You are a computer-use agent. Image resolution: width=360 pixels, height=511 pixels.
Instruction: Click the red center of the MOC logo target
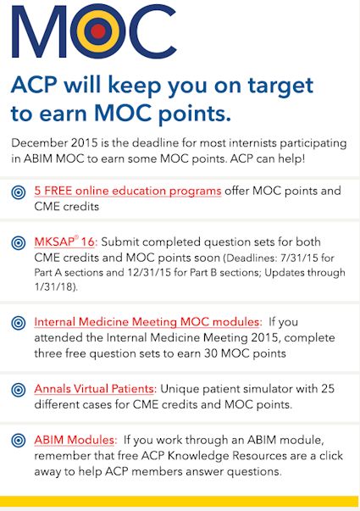pos(98,31)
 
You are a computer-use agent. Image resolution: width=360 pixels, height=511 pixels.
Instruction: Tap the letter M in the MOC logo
pos(39,32)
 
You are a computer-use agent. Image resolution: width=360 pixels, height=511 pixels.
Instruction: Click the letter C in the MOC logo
pos(152,31)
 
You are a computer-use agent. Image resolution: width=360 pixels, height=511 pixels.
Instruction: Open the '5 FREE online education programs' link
pos(128,191)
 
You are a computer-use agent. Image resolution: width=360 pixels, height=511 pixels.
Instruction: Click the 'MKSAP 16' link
pos(64,242)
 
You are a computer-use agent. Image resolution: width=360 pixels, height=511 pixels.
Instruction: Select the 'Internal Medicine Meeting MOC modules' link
pos(147,322)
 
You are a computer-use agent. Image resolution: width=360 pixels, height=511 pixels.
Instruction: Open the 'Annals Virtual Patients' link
pos(94,389)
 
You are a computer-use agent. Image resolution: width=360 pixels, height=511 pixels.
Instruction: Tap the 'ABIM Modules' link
pos(75,440)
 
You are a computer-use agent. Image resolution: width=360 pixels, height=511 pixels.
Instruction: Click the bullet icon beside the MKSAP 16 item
pos(19,243)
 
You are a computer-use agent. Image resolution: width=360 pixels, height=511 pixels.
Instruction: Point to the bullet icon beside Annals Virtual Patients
pos(19,390)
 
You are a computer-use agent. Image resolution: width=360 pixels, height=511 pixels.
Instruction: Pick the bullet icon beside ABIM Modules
pos(19,441)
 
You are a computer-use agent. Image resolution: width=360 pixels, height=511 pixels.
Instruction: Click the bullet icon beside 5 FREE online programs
pos(19,192)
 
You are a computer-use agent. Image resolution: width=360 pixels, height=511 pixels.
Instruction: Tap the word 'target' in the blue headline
pos(280,86)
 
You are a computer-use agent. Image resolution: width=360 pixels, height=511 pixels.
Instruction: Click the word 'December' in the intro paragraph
pos(40,142)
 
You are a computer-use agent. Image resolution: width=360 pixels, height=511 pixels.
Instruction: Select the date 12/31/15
pos(147,272)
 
